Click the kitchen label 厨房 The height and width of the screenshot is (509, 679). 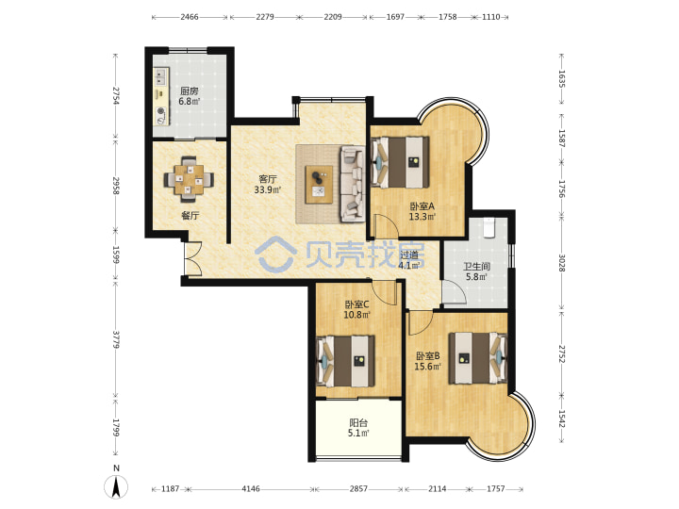pyautogui.click(x=190, y=90)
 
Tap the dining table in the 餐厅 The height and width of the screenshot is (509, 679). pyautogui.click(x=189, y=180)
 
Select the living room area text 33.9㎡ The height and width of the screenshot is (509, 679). pyautogui.click(x=267, y=189)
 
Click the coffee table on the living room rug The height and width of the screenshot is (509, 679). pyautogui.click(x=319, y=185)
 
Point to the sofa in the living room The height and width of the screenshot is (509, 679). pyautogui.click(x=353, y=184)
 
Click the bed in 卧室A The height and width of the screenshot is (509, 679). pyautogui.click(x=400, y=162)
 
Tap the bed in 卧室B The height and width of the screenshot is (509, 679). pyautogui.click(x=478, y=358)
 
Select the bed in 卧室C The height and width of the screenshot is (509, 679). pyautogui.click(x=345, y=361)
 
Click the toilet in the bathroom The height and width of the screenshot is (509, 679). pyautogui.click(x=489, y=228)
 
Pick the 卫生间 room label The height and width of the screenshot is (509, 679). pyautogui.click(x=476, y=267)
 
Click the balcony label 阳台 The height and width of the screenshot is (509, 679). pyautogui.click(x=358, y=423)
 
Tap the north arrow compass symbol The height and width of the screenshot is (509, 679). pyautogui.click(x=116, y=486)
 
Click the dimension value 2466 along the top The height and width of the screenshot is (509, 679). pyautogui.click(x=190, y=17)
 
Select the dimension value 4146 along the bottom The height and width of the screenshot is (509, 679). pyautogui.click(x=251, y=488)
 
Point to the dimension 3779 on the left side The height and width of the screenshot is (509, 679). pyautogui.click(x=116, y=339)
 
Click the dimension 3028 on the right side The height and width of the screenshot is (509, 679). pyautogui.click(x=562, y=263)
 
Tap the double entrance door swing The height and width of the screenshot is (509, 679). pyautogui.click(x=193, y=258)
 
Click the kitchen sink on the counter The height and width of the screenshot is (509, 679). pyautogui.click(x=161, y=76)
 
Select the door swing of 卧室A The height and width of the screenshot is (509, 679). pyautogui.click(x=384, y=225)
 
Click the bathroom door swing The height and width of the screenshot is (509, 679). pyautogui.click(x=454, y=292)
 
